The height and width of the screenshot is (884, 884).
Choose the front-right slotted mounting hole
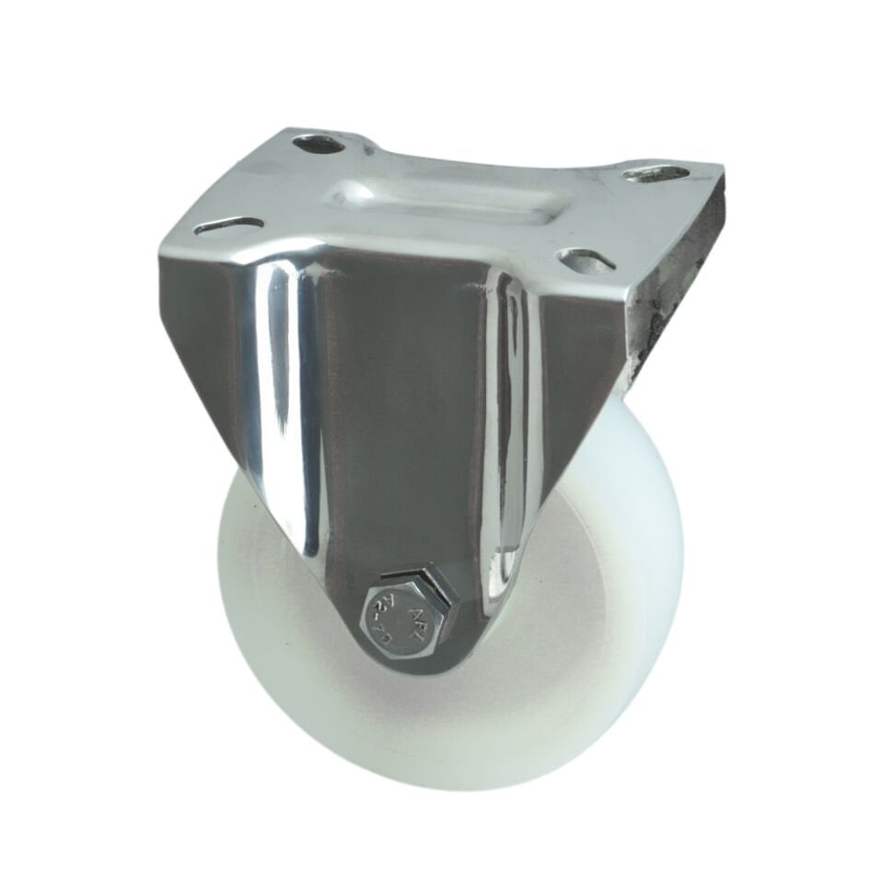pos(587,261)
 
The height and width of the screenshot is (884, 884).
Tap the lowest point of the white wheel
pos(442,787)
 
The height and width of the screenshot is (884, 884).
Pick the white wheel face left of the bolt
pos(276,626)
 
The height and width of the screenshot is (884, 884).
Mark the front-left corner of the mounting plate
pos(164,241)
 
